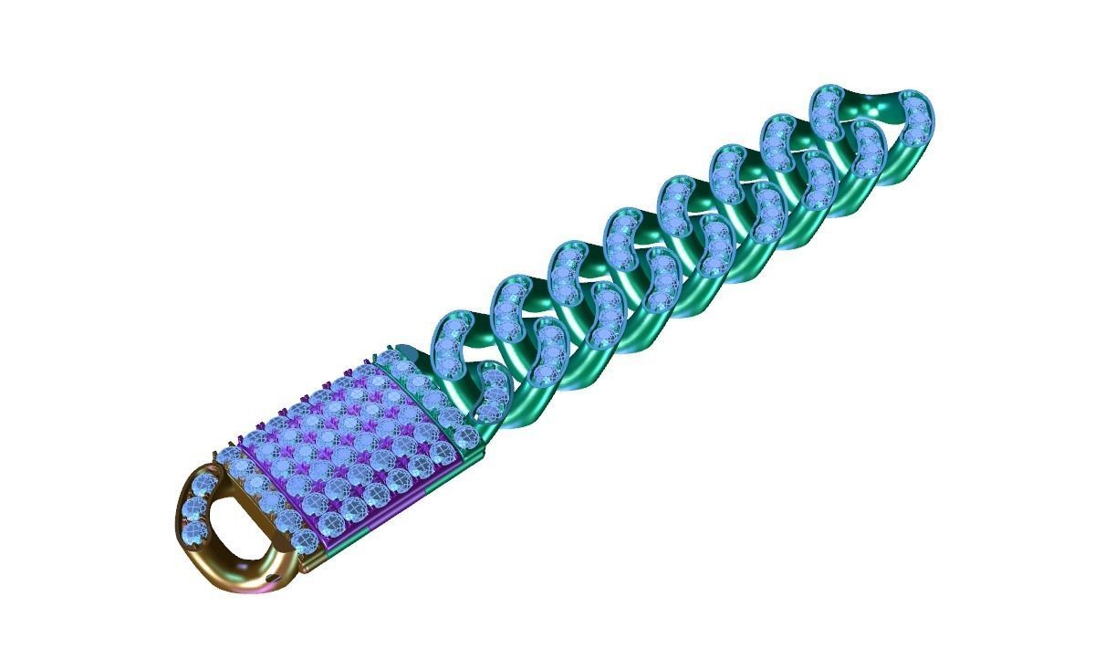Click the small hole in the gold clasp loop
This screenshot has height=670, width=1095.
click(271, 577)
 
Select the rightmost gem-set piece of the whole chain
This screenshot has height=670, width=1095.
click(912, 119)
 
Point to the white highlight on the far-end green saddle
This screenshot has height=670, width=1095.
click(881, 110)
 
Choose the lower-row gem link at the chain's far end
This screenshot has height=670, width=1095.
click(867, 152)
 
